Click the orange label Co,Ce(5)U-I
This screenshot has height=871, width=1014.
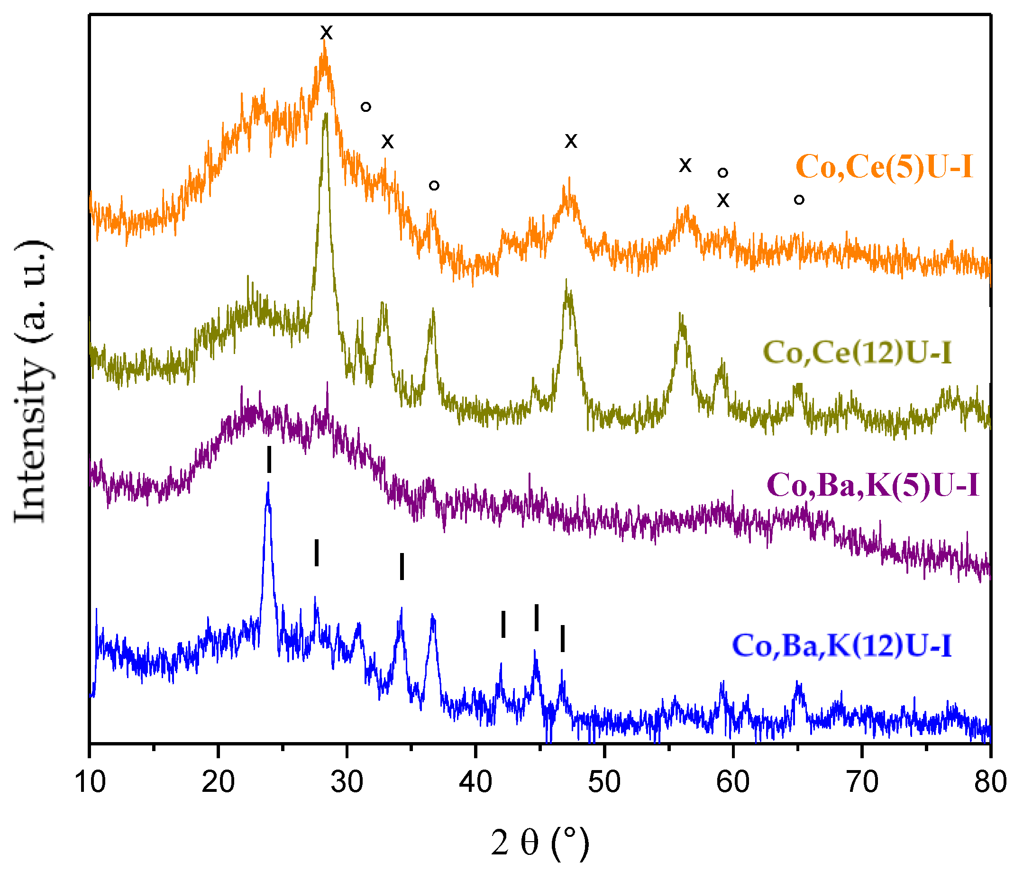click(x=884, y=167)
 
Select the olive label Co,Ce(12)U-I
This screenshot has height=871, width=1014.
click(x=857, y=352)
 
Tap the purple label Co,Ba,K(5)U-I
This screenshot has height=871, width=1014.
click(x=873, y=485)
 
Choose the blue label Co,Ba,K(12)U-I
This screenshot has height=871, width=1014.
click(x=842, y=645)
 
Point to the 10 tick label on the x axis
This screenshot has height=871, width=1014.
click(x=90, y=781)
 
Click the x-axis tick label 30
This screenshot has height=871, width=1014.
click(x=347, y=781)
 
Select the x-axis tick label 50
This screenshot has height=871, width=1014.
click(x=604, y=781)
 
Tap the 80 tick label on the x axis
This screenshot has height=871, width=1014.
click(x=989, y=781)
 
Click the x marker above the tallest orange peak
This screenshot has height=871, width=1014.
click(x=327, y=33)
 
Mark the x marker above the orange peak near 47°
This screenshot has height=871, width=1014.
click(x=571, y=141)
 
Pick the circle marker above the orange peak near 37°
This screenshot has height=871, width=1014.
click(x=434, y=185)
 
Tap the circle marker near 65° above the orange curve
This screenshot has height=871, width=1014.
click(x=799, y=200)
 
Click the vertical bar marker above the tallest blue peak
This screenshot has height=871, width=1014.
click(x=269, y=460)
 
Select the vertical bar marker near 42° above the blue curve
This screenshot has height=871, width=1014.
click(x=503, y=624)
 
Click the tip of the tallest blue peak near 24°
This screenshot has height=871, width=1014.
click(x=268, y=483)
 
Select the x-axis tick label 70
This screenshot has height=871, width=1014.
click(x=861, y=781)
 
